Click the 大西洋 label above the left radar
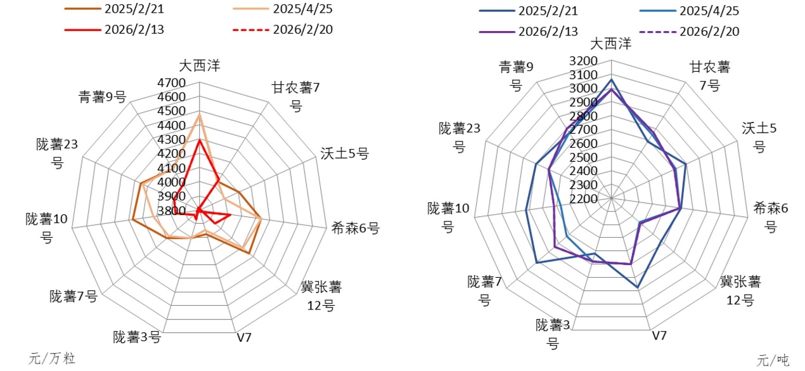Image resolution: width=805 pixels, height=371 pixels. tap(200, 65)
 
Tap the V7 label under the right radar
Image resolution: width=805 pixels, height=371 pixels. tap(660, 335)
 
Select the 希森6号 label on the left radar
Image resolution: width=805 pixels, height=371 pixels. tap(355, 228)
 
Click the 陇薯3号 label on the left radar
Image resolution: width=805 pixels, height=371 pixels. tap(137, 337)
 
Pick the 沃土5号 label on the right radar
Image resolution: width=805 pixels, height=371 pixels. tap(759, 137)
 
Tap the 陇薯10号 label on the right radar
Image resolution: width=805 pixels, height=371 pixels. tap(448, 217)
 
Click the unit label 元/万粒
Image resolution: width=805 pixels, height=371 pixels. tap(52, 358)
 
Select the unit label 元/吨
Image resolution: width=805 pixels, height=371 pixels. tap(773, 360)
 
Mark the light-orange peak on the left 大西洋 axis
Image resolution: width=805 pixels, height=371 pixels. tap(199, 115)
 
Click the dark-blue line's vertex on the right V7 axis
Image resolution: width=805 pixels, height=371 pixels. tap(638, 288)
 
